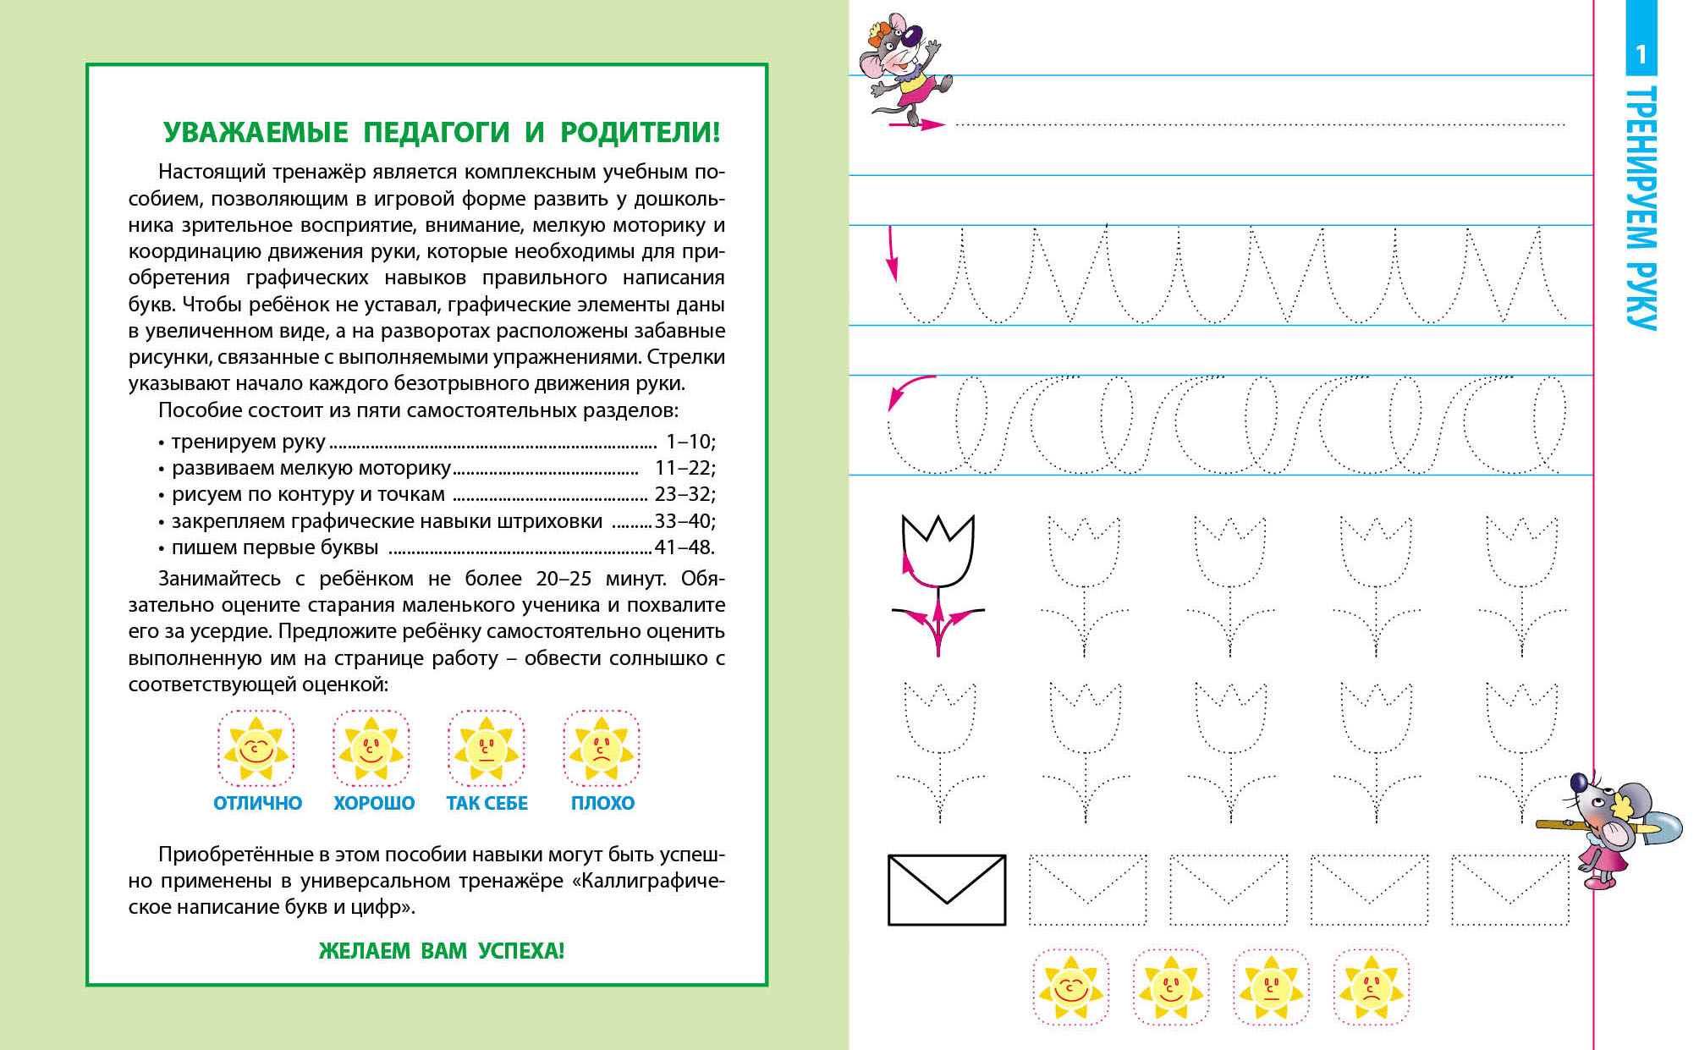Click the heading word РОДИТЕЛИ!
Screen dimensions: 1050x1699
tap(640, 133)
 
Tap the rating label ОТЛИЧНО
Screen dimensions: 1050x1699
tap(257, 803)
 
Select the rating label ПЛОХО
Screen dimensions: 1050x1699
tap(602, 803)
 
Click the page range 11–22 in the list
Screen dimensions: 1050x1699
tap(685, 468)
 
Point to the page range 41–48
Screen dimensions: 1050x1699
tap(685, 547)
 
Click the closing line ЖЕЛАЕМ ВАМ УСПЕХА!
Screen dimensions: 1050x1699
tap(441, 951)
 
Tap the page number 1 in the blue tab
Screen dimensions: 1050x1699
tap(1641, 55)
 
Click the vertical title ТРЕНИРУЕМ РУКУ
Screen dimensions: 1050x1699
tap(1641, 207)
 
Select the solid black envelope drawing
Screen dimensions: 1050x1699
tap(947, 890)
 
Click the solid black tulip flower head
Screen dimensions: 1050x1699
tap(938, 551)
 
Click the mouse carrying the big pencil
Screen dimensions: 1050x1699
tap(1608, 829)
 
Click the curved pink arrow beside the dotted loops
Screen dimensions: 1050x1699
tap(908, 391)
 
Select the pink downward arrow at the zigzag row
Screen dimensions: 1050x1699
tap(891, 253)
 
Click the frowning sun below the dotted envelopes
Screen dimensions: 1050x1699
tap(1371, 987)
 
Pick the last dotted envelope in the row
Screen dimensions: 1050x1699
tap(1510, 890)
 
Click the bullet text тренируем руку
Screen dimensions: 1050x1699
tap(248, 442)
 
